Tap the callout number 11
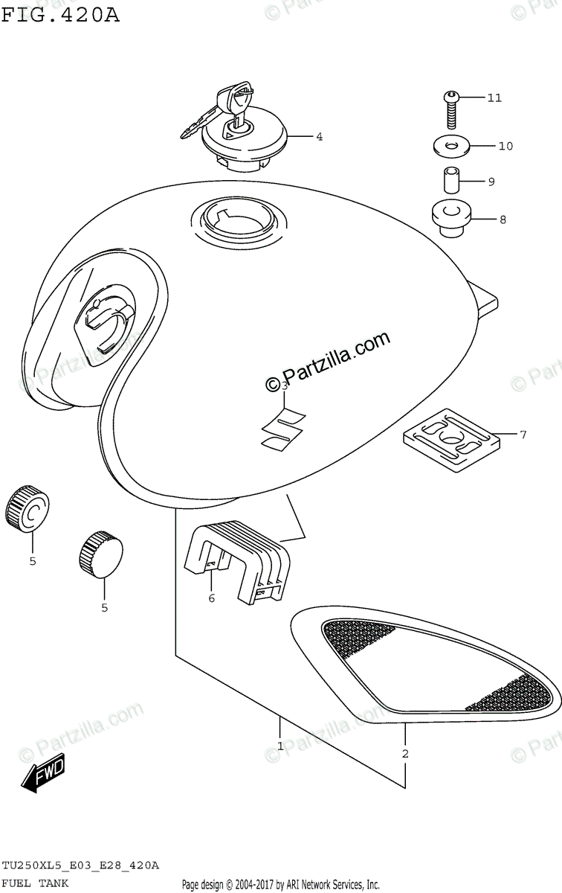[494, 97]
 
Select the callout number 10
[506, 146]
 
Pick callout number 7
[523, 434]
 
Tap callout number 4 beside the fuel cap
[318, 137]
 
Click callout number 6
[211, 598]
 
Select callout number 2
[405, 754]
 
